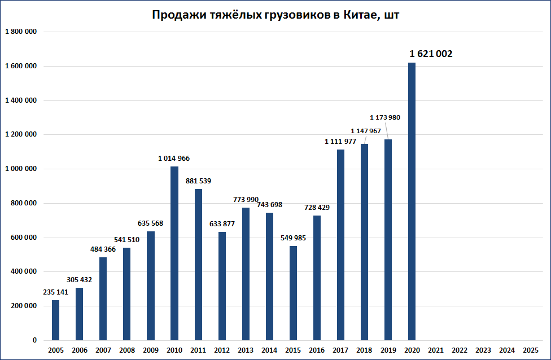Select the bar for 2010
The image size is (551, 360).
(174, 253)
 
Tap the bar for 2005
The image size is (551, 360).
(55, 320)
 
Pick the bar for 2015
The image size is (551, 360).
(293, 293)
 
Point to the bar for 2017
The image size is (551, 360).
(340, 245)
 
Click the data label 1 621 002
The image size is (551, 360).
(431, 54)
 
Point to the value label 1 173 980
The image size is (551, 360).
(385, 117)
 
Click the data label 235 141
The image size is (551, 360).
(55, 292)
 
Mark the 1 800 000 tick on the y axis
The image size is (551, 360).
(21, 32)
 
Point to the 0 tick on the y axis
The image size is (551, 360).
(34, 340)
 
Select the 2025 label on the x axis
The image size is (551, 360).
(531, 350)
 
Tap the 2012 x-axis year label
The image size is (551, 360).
(221, 350)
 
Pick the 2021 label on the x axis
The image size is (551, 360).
(435, 350)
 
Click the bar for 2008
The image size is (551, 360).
(126, 294)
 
